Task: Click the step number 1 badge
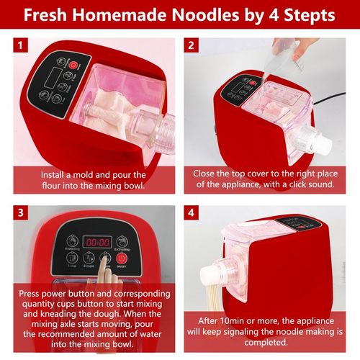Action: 20,45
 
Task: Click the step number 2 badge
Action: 192,45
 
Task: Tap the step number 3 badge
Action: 20,212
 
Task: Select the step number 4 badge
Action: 192,212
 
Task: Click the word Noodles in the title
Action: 206,15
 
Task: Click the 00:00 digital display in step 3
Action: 97,242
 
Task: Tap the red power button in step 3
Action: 122,258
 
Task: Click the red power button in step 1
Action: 73,65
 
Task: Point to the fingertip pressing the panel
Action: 104,259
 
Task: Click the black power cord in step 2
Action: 330,98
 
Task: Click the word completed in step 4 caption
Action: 266,343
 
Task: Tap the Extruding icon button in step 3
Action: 122,241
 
